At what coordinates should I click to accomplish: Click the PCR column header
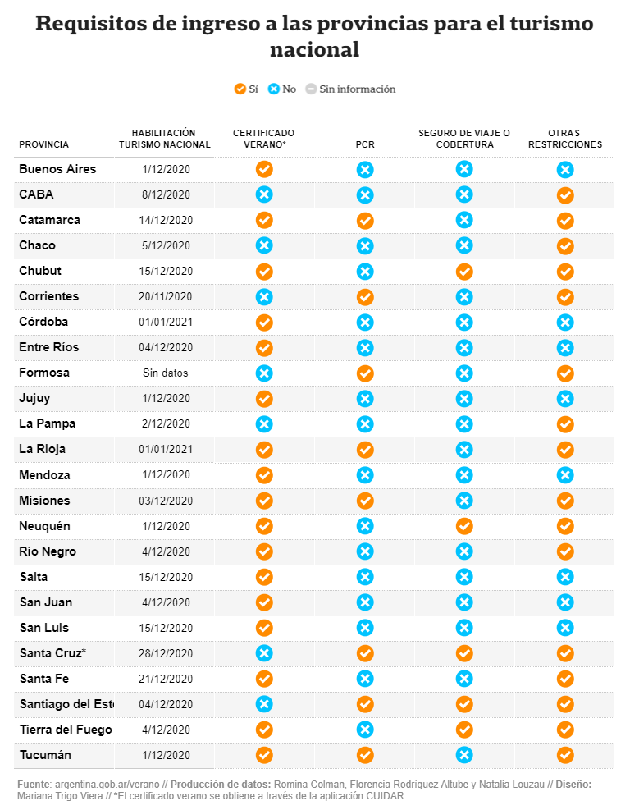365,144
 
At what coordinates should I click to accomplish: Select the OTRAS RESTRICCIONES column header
564,139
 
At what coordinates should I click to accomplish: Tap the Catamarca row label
49,220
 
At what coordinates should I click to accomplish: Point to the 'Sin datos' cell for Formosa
165,373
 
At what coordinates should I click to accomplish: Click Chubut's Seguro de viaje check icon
463,271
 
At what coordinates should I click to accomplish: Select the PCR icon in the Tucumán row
365,755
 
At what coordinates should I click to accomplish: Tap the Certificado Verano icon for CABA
264,194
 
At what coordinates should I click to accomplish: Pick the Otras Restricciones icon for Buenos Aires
564,170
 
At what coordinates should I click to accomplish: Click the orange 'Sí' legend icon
240,89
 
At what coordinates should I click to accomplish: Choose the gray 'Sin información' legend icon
311,89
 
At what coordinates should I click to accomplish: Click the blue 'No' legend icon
274,89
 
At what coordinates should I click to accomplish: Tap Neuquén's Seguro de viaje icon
463,525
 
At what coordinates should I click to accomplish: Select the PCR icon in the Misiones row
365,500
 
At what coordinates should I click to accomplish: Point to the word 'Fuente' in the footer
34,785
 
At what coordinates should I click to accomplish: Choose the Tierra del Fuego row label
66,730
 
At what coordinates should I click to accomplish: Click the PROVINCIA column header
43,144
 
